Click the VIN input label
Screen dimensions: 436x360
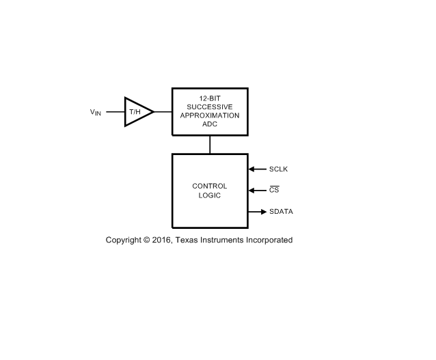(96, 112)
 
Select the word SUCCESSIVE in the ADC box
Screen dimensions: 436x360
(210, 107)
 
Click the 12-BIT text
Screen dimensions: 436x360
(210, 98)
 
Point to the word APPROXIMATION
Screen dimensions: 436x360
(210, 115)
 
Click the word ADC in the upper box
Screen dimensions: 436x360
(210, 124)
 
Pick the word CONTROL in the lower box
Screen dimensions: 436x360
(210, 186)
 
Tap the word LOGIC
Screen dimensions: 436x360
(210, 195)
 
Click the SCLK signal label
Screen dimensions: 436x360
(278, 169)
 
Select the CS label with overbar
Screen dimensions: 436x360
(274, 190)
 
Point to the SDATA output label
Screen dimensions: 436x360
(281, 212)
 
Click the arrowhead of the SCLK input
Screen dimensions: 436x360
(251, 169)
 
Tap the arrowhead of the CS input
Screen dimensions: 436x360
(251, 191)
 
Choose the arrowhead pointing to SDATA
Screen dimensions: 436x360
(264, 212)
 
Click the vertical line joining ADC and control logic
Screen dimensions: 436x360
(210, 145)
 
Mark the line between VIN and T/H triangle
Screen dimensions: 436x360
(115, 112)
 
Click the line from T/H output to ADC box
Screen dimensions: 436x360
(163, 112)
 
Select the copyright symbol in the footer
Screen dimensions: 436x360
(146, 240)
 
